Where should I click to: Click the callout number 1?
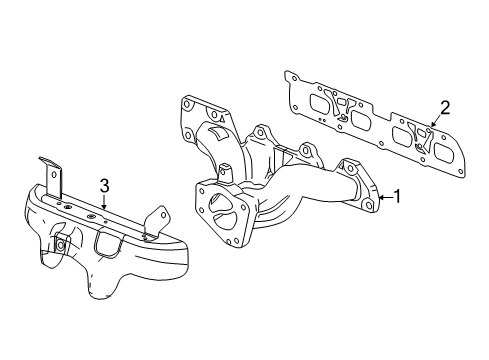tap(396, 196)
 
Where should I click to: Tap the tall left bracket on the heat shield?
tap(49, 176)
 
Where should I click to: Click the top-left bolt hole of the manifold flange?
tap(186, 103)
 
